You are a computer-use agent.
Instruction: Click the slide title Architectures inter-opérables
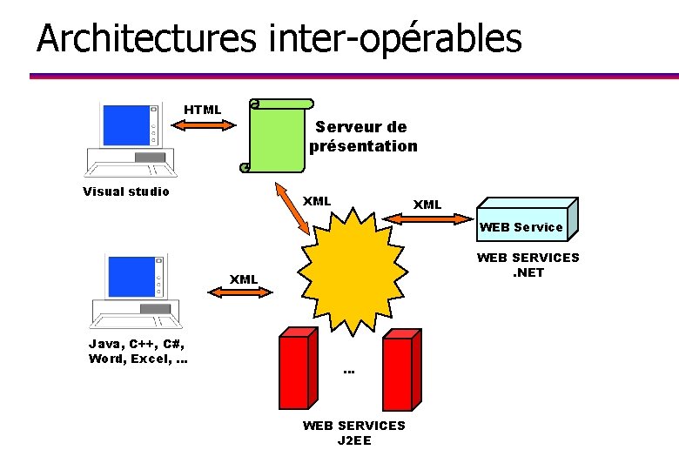pos(279,38)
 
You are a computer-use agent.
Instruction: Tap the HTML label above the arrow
pos(202,110)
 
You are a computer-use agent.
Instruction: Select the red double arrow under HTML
pos(204,125)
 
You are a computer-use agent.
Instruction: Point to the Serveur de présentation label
pos(362,137)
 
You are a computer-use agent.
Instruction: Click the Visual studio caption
pos(126,191)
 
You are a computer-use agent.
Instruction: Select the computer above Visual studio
pos(131,139)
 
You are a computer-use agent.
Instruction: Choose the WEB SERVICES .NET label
pos(528,265)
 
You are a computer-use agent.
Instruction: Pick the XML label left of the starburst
pos(244,279)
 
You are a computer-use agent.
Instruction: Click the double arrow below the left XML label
pos(243,294)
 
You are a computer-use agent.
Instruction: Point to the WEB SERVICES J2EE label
pos(353,433)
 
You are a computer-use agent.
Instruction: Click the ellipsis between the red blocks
pos(349,373)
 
